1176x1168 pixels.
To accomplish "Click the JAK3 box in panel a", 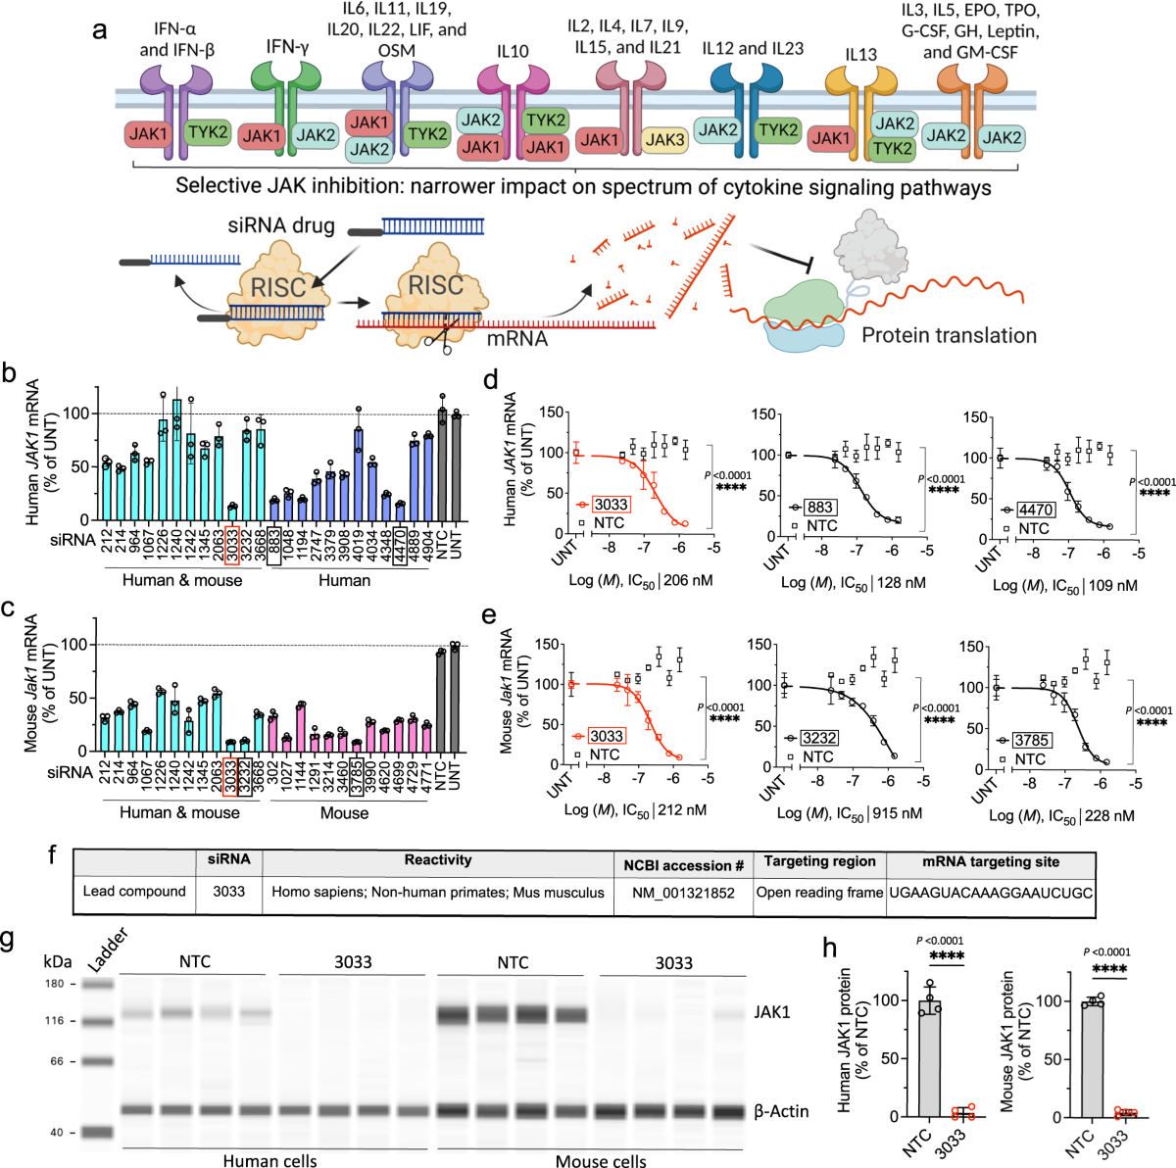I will click(664, 140).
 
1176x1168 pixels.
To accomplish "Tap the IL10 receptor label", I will click(513, 51).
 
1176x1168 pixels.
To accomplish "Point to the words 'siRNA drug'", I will click(281, 225).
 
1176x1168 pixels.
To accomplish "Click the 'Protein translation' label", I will click(949, 335).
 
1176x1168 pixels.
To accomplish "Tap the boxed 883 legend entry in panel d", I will click(819, 508).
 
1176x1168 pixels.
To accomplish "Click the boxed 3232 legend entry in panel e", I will click(819, 738).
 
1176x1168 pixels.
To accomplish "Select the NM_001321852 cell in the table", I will click(683, 893).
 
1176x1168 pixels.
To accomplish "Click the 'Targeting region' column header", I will click(819, 861).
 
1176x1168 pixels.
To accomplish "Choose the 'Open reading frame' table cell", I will click(819, 893).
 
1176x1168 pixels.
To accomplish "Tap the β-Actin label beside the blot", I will click(781, 1111).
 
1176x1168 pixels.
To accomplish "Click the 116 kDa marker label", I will click(54, 1021).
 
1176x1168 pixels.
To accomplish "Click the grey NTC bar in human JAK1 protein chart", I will click(928, 1058).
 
